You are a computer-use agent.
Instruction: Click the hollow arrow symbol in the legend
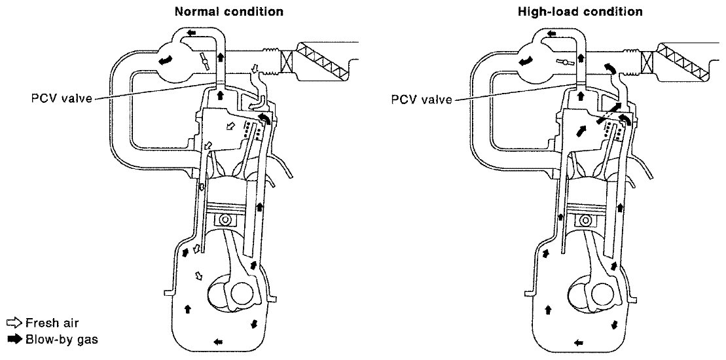click(14, 323)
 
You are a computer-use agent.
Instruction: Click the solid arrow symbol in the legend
click(14, 339)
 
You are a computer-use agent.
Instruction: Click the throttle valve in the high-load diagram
click(562, 63)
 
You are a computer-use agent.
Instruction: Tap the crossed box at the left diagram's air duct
click(285, 62)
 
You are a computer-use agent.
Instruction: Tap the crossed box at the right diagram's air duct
click(646, 62)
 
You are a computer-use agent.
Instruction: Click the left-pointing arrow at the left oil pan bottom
click(217, 341)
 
